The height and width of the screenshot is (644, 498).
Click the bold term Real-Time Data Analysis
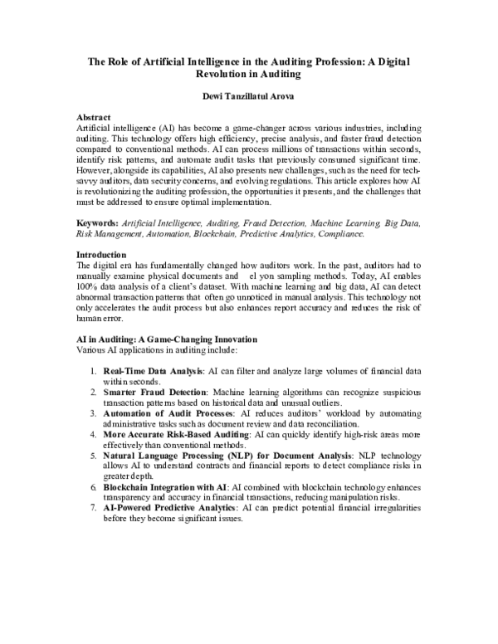153,369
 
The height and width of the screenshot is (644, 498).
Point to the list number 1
92,369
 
